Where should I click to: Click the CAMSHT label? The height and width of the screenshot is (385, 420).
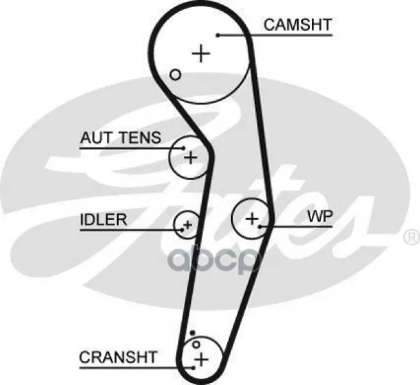click(x=298, y=24)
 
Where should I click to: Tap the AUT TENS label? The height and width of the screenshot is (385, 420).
click(x=120, y=137)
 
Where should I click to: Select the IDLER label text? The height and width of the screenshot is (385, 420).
click(x=103, y=219)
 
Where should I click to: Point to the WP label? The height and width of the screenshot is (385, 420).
click(x=320, y=216)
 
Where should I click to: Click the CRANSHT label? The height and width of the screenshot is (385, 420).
click(x=118, y=357)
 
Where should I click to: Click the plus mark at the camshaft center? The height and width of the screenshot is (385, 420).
click(x=201, y=53)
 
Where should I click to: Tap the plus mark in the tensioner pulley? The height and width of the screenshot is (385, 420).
click(x=191, y=157)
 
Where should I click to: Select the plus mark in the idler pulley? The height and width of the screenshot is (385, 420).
click(x=188, y=225)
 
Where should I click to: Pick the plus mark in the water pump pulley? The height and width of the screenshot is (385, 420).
click(x=252, y=219)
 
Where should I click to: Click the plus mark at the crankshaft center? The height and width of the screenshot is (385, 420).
click(x=201, y=359)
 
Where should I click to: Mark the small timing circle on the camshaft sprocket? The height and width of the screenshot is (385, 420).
click(x=175, y=74)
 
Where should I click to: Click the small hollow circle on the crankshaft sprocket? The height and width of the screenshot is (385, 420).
click(x=197, y=345)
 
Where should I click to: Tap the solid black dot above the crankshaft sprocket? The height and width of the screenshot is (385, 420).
click(x=192, y=333)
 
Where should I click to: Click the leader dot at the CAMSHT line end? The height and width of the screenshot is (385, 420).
click(x=218, y=35)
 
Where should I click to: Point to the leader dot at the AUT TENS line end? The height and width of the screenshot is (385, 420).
click(x=184, y=148)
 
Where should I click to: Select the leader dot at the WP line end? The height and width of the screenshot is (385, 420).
click(x=260, y=227)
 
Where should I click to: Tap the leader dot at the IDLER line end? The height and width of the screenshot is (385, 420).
click(x=182, y=230)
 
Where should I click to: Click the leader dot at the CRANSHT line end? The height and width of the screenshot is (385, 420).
click(x=193, y=368)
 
